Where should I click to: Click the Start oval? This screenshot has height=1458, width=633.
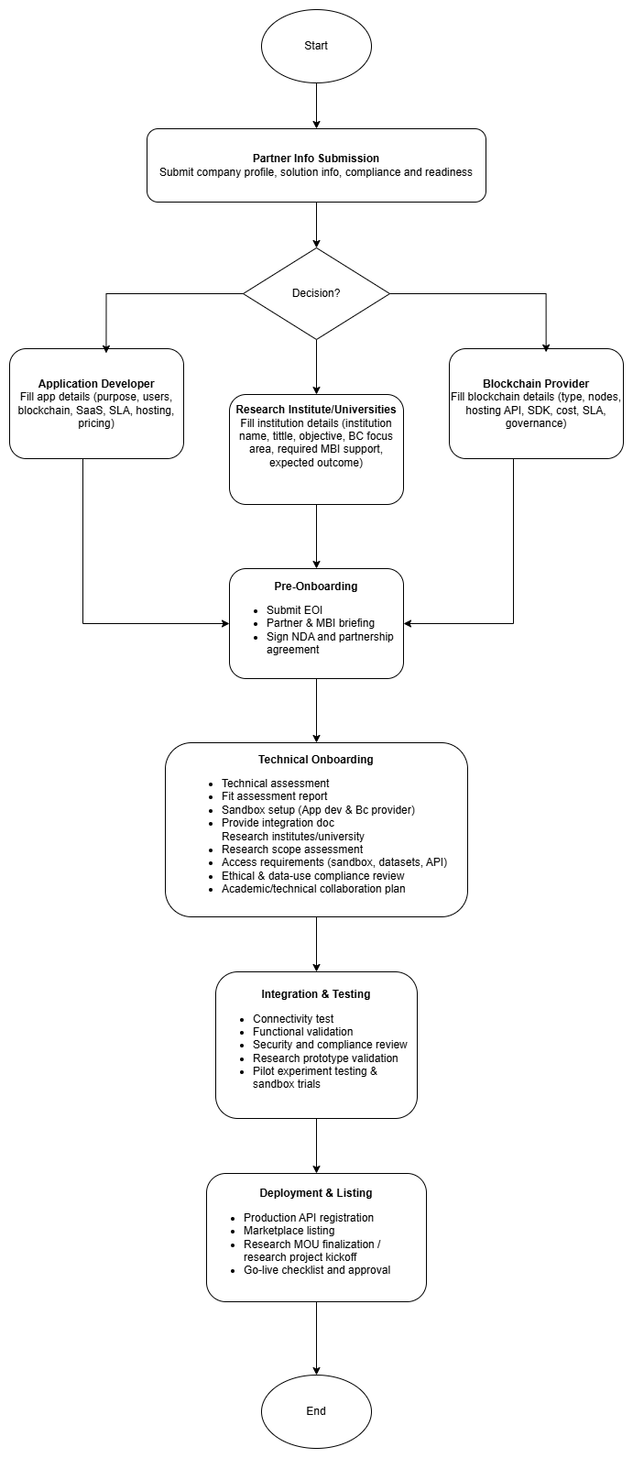pos(316,46)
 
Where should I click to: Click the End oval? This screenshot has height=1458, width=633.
pos(316,1411)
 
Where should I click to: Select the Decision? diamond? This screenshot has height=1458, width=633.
pos(316,293)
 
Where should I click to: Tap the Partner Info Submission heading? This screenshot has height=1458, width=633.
pos(316,159)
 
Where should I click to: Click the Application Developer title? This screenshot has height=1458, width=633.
pos(96,383)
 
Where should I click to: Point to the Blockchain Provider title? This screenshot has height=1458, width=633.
pos(536,383)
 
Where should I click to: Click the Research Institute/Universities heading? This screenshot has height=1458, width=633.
pos(316,410)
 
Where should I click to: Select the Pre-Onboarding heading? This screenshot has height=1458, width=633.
pos(316,586)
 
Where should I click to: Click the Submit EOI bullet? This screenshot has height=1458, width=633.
pos(294,610)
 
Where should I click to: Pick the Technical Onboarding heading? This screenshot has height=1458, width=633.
pos(316,760)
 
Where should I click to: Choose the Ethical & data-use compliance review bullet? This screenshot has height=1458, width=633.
pos(312,876)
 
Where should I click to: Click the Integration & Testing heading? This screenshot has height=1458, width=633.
pos(316,994)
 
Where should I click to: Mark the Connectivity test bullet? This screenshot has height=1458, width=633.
pos(293,1019)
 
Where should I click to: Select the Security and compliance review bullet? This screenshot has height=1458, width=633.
pos(330,1045)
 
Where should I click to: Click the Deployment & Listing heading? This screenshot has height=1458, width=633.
pos(316,1193)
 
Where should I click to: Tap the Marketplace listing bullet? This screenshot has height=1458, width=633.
pos(289,1231)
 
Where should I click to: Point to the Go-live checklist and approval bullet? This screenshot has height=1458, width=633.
pos(317,1270)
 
